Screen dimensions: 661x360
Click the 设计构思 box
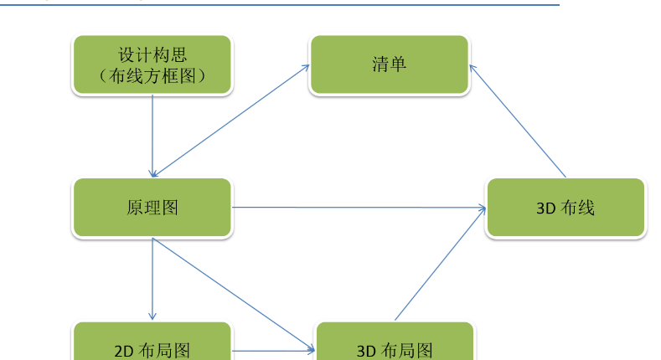point(152,64)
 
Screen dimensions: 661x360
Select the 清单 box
point(389,64)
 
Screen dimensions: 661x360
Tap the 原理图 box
point(152,207)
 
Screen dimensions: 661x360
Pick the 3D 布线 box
point(565,207)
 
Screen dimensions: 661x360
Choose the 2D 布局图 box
point(152,341)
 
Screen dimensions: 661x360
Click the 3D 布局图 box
point(395,341)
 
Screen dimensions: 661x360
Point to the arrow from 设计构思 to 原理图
point(152,136)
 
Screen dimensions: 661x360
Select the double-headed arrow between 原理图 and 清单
point(231,121)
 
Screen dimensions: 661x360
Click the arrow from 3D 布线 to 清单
point(517,121)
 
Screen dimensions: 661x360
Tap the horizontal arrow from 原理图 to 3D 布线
point(359,207)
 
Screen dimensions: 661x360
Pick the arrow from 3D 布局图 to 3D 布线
point(440,264)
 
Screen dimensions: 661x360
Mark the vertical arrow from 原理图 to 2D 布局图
point(152,279)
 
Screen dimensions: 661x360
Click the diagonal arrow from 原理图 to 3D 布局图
point(234,295)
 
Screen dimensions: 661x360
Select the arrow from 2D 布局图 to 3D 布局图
point(274,350)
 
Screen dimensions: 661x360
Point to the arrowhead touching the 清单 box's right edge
point(473,68)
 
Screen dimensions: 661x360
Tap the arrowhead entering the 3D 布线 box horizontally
point(483,207)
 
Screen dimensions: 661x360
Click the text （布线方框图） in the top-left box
point(152,76)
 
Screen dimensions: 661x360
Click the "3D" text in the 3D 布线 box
point(547,208)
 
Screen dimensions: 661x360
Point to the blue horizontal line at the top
point(280,5)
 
